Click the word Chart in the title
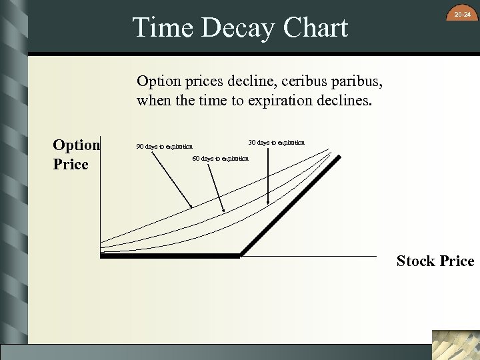[315, 29]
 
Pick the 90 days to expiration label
[164, 146]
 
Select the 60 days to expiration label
[220, 158]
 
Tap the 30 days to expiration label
[276, 142]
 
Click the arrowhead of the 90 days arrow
[192, 208]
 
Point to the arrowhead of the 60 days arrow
[224, 213]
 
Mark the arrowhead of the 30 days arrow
[269, 203]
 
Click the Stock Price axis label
[435, 261]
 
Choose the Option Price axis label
[76, 155]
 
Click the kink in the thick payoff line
[239, 255]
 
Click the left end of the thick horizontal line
[101, 255]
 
